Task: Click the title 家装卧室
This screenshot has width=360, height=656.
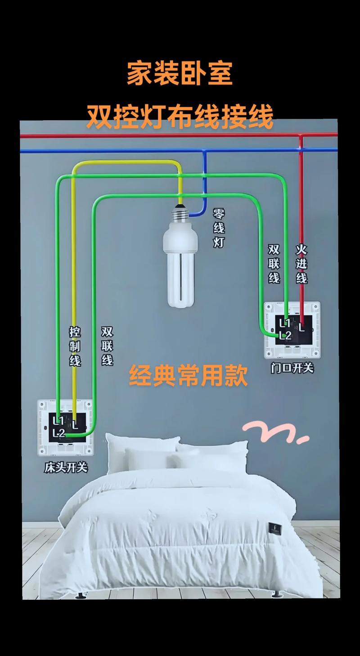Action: point(180,74)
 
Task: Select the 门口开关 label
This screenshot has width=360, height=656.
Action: point(292,368)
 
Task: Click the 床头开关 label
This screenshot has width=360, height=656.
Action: point(66,468)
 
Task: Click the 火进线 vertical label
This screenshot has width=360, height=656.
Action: point(301,264)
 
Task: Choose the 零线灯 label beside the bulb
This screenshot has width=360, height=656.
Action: point(219,228)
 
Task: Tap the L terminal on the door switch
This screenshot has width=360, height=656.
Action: point(302,328)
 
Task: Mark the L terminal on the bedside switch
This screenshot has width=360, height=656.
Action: point(75,424)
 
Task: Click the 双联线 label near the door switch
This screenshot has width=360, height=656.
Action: point(274,264)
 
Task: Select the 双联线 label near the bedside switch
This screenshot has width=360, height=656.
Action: point(107,346)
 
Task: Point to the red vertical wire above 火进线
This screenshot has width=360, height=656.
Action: point(301,189)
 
